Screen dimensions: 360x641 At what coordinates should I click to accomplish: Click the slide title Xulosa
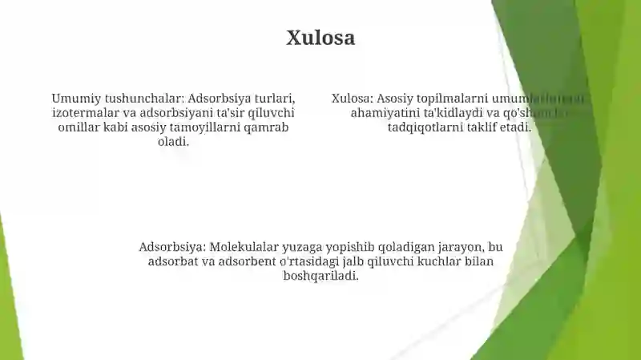click(320, 38)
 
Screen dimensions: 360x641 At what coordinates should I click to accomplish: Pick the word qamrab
click(267, 127)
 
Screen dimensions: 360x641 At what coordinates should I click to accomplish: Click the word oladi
click(173, 142)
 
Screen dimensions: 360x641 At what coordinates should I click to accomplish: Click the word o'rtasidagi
click(318, 261)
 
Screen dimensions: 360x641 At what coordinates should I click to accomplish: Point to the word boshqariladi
click(320, 276)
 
